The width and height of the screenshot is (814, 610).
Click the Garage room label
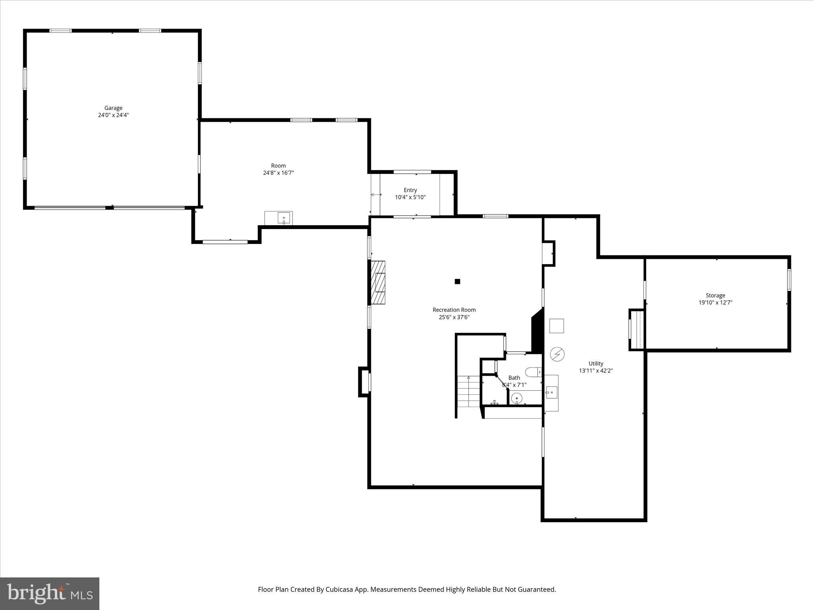point(113,108)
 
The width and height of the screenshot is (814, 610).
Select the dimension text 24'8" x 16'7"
point(278,173)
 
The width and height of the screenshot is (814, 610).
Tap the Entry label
point(410,190)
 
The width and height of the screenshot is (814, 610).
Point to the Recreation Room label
point(454,310)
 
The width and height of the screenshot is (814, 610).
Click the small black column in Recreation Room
point(457,282)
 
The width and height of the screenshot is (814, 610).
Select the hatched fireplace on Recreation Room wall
point(378,282)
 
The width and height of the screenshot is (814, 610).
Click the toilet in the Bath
point(533,372)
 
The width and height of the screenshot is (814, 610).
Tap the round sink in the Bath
point(516,398)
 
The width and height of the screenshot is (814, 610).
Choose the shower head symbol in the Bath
point(494,402)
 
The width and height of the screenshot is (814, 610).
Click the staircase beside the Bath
point(469,391)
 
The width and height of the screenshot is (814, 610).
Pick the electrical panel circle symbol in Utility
point(557,354)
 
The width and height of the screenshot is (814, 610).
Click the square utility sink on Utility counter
point(551,392)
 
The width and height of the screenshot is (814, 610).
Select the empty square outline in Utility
point(556,326)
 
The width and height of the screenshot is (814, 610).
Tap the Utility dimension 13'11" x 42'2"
point(595,371)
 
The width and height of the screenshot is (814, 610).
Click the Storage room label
point(715,295)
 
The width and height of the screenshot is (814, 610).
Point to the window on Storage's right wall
point(789,280)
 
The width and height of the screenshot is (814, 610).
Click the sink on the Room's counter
point(284,218)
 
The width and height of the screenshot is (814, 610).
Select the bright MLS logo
point(50,593)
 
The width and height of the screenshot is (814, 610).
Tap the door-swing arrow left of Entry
point(375,195)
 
